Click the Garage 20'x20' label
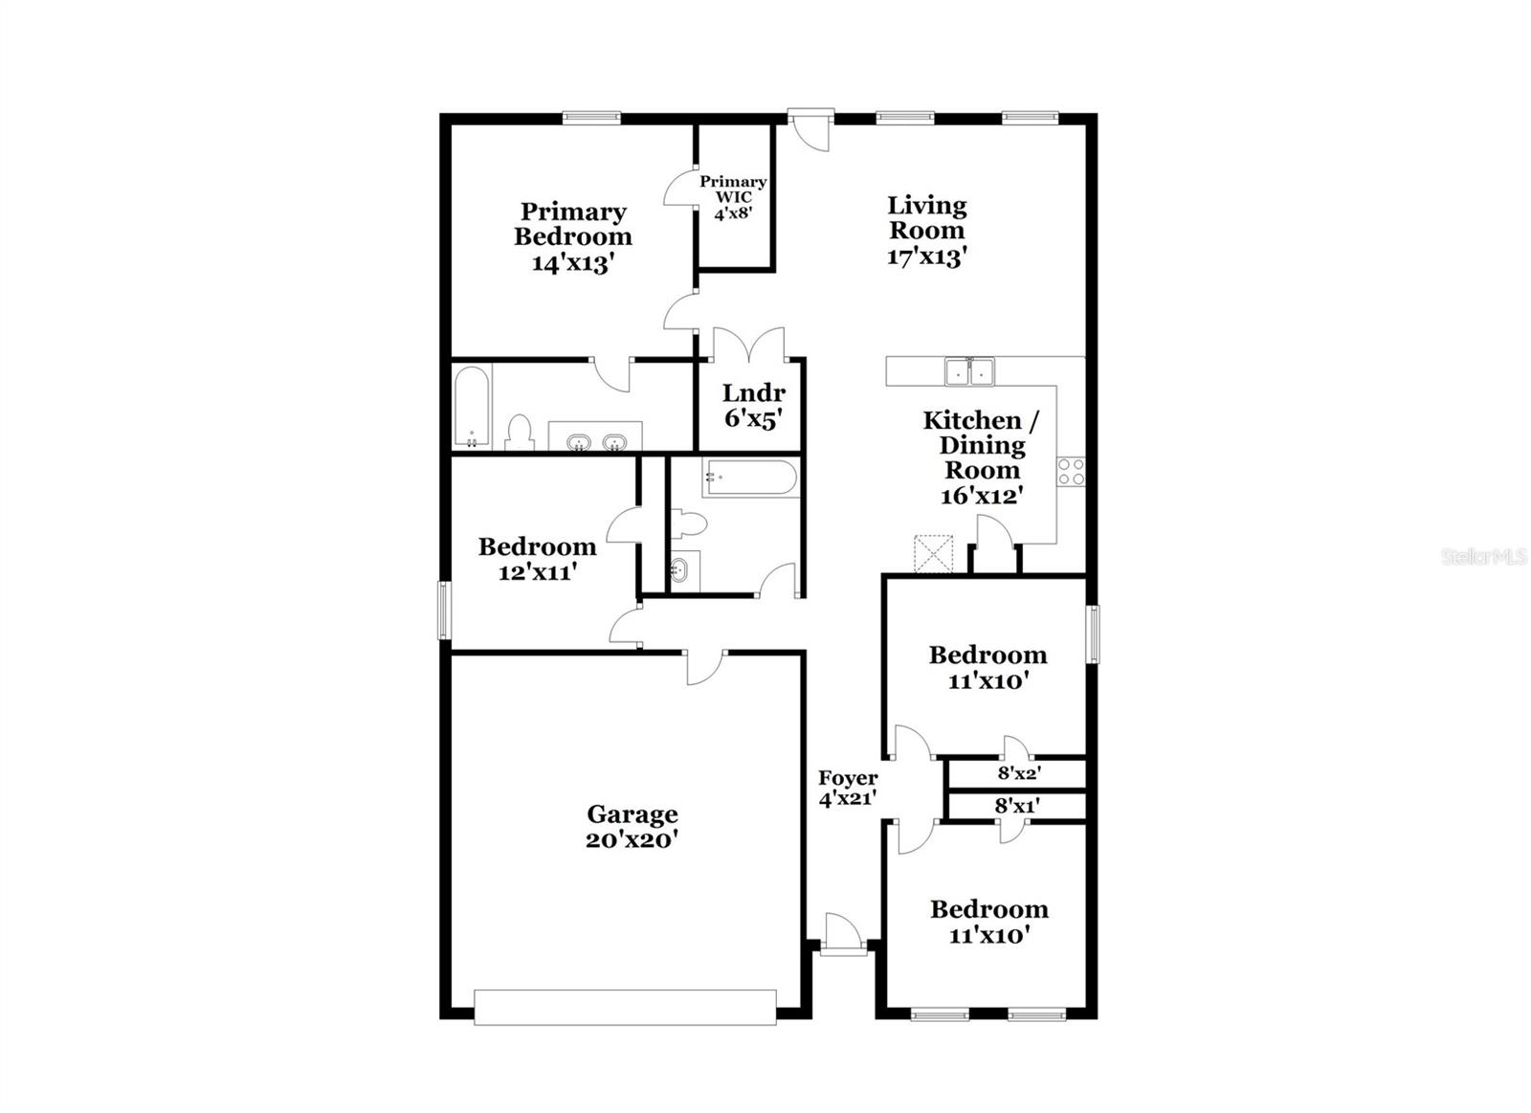point(632,827)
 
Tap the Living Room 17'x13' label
point(926,231)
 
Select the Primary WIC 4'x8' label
point(733,197)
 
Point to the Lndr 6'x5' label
point(753,406)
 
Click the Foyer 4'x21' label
point(848,788)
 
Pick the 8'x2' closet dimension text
point(1019,774)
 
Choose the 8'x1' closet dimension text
point(1018,806)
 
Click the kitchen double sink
point(969,371)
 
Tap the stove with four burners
point(1071,471)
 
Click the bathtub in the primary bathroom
point(473,406)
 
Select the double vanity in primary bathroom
point(594,436)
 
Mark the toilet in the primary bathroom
point(520,433)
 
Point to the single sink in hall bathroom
point(683,569)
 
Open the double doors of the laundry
point(749,344)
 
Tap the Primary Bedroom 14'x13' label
point(573,237)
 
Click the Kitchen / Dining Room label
point(982,445)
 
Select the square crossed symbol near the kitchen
point(934,553)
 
